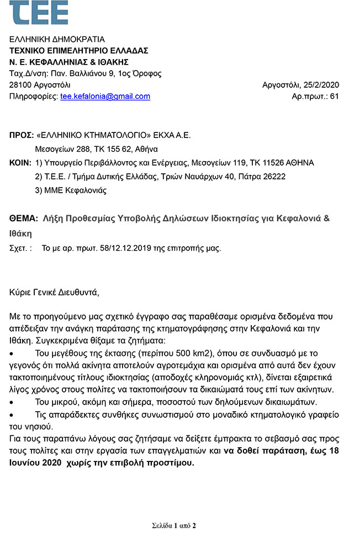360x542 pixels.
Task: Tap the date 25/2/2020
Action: point(320,85)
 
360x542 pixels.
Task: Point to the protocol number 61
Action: point(334,96)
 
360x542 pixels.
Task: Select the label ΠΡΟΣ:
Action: point(21,135)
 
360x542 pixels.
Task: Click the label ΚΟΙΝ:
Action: point(21,163)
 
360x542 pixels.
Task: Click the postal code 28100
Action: point(22,85)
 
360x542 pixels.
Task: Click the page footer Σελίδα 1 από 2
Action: point(174,525)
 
